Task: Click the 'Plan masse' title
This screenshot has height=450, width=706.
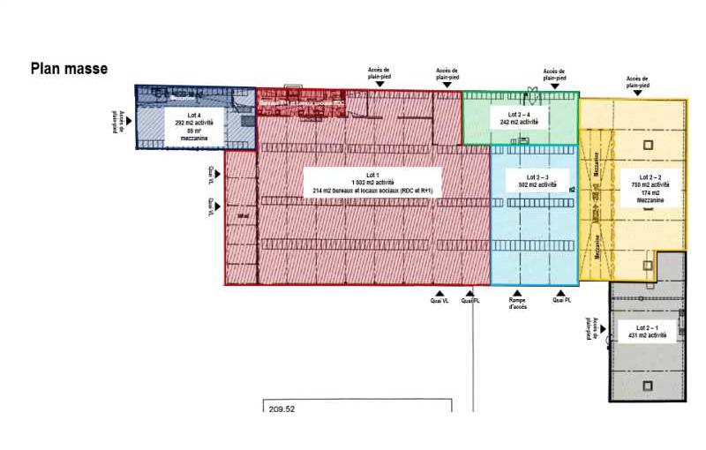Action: click(x=69, y=68)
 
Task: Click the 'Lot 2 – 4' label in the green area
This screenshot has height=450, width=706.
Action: click(x=519, y=115)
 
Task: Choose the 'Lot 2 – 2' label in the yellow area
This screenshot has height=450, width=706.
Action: click(x=650, y=176)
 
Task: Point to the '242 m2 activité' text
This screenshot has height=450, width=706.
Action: click(x=519, y=123)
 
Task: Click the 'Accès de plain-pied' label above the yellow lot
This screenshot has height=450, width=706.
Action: click(x=637, y=82)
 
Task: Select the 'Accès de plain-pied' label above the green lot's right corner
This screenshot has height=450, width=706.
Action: click(x=553, y=74)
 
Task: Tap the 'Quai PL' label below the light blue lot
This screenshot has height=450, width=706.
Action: click(x=561, y=300)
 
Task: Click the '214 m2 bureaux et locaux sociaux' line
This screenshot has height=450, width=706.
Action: click(x=372, y=191)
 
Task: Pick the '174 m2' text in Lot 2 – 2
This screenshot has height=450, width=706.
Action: click(x=650, y=192)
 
